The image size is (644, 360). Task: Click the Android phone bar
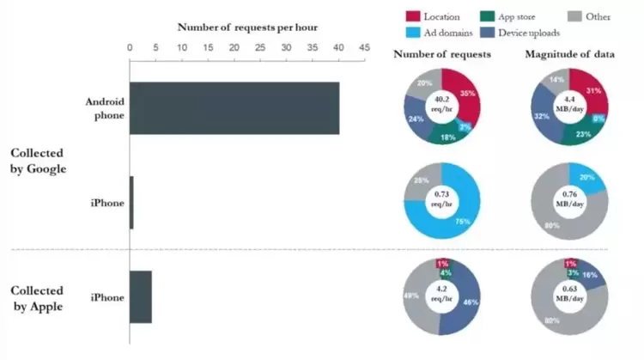click(x=234, y=108)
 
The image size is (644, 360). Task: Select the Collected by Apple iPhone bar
click(x=140, y=296)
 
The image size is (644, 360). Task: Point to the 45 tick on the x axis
click(x=364, y=48)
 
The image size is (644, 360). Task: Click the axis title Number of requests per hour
click(x=247, y=27)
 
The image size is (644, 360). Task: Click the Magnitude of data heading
click(x=569, y=54)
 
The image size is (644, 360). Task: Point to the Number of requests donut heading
click(x=442, y=54)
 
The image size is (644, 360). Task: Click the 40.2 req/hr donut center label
click(x=442, y=107)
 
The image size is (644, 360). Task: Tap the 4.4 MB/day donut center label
click(x=570, y=107)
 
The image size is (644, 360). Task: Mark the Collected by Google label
click(x=38, y=160)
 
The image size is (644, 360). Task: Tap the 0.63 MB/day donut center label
click(x=570, y=296)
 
